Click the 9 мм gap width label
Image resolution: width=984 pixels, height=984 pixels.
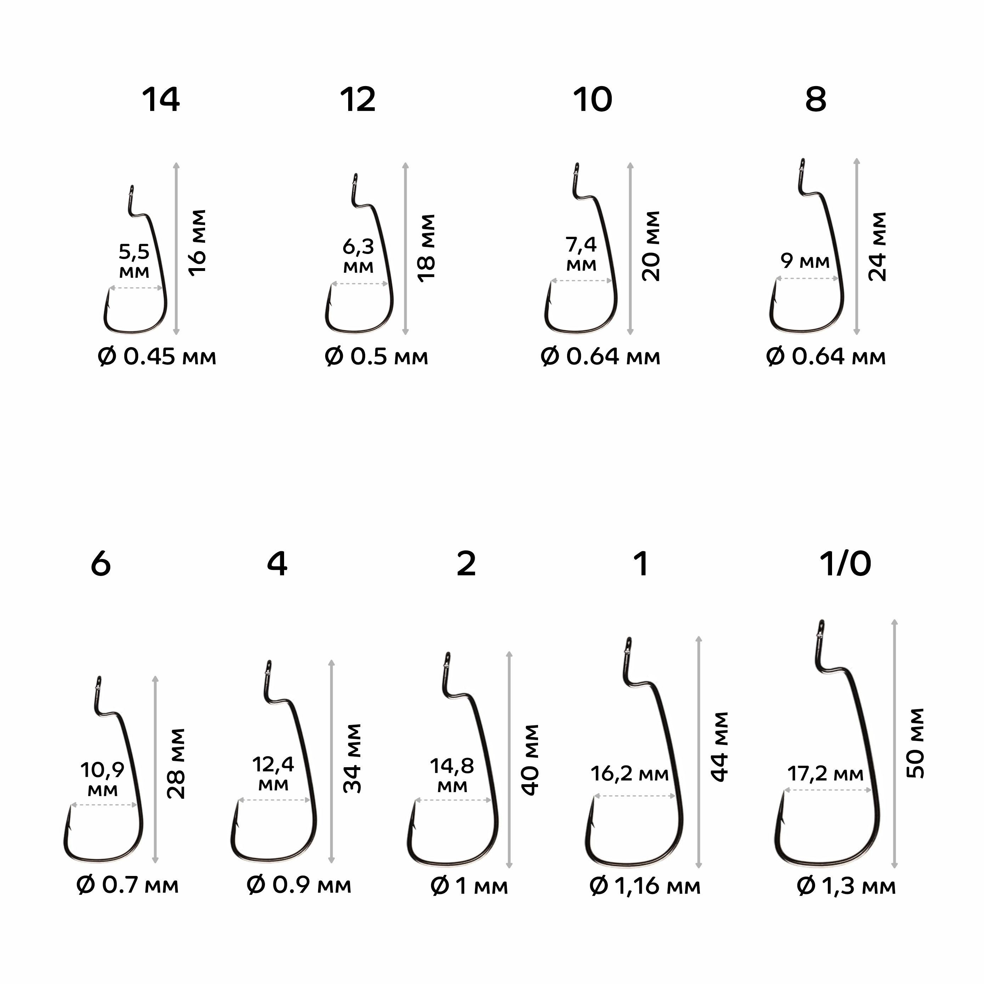[x=805, y=262]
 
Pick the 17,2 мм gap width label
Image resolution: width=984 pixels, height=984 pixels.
[x=826, y=775]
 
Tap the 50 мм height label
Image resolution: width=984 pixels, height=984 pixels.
[x=915, y=743]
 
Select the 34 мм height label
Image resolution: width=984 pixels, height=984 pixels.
[x=352, y=758]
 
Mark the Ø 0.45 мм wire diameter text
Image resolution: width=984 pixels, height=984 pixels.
[x=157, y=357]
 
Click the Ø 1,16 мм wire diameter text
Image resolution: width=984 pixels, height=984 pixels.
[x=645, y=887]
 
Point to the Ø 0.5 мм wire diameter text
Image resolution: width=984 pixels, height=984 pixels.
[x=377, y=357]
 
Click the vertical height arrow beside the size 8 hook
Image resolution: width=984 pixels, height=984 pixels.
[x=857, y=247]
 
